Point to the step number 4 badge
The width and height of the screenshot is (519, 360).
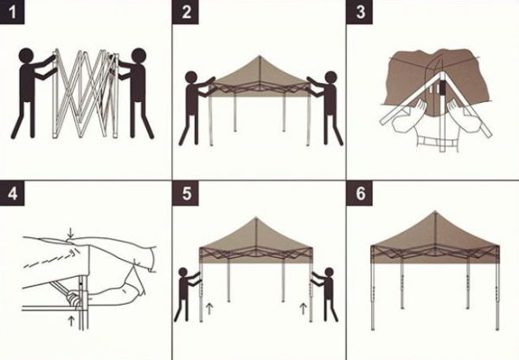[x=12, y=192]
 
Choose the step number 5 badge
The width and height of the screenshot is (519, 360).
[x=188, y=192]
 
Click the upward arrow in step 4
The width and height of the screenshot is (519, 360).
[x=70, y=322]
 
